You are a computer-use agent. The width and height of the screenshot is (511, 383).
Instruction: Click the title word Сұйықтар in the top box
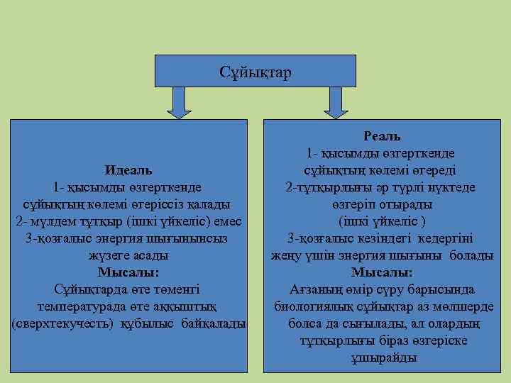point(256,72)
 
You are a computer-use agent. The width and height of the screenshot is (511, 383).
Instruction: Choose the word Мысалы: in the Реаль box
point(382,272)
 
